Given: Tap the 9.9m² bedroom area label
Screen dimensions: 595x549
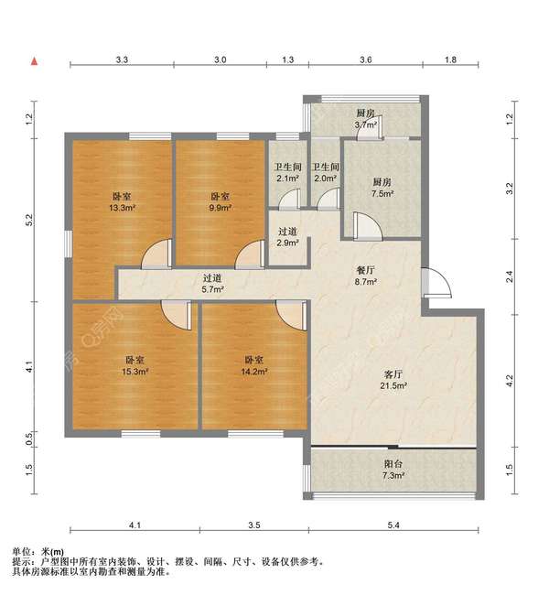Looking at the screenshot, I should [220, 202].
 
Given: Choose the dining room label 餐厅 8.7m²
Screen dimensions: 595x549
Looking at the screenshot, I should [369, 277].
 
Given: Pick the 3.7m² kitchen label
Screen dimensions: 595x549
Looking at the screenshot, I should [367, 119].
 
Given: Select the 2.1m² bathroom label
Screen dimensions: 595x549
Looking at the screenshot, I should [288, 173].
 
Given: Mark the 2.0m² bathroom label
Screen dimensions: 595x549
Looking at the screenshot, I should [325, 173].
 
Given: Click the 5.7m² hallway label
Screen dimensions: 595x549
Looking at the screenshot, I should [213, 284].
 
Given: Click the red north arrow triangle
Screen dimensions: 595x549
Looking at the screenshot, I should [34, 60].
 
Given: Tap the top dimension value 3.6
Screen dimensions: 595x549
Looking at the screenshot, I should [365, 59].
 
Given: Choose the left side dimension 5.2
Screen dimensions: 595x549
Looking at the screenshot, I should [29, 220].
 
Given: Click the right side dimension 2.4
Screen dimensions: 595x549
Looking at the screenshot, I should [509, 273].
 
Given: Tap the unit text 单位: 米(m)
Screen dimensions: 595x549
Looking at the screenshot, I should [38, 552].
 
